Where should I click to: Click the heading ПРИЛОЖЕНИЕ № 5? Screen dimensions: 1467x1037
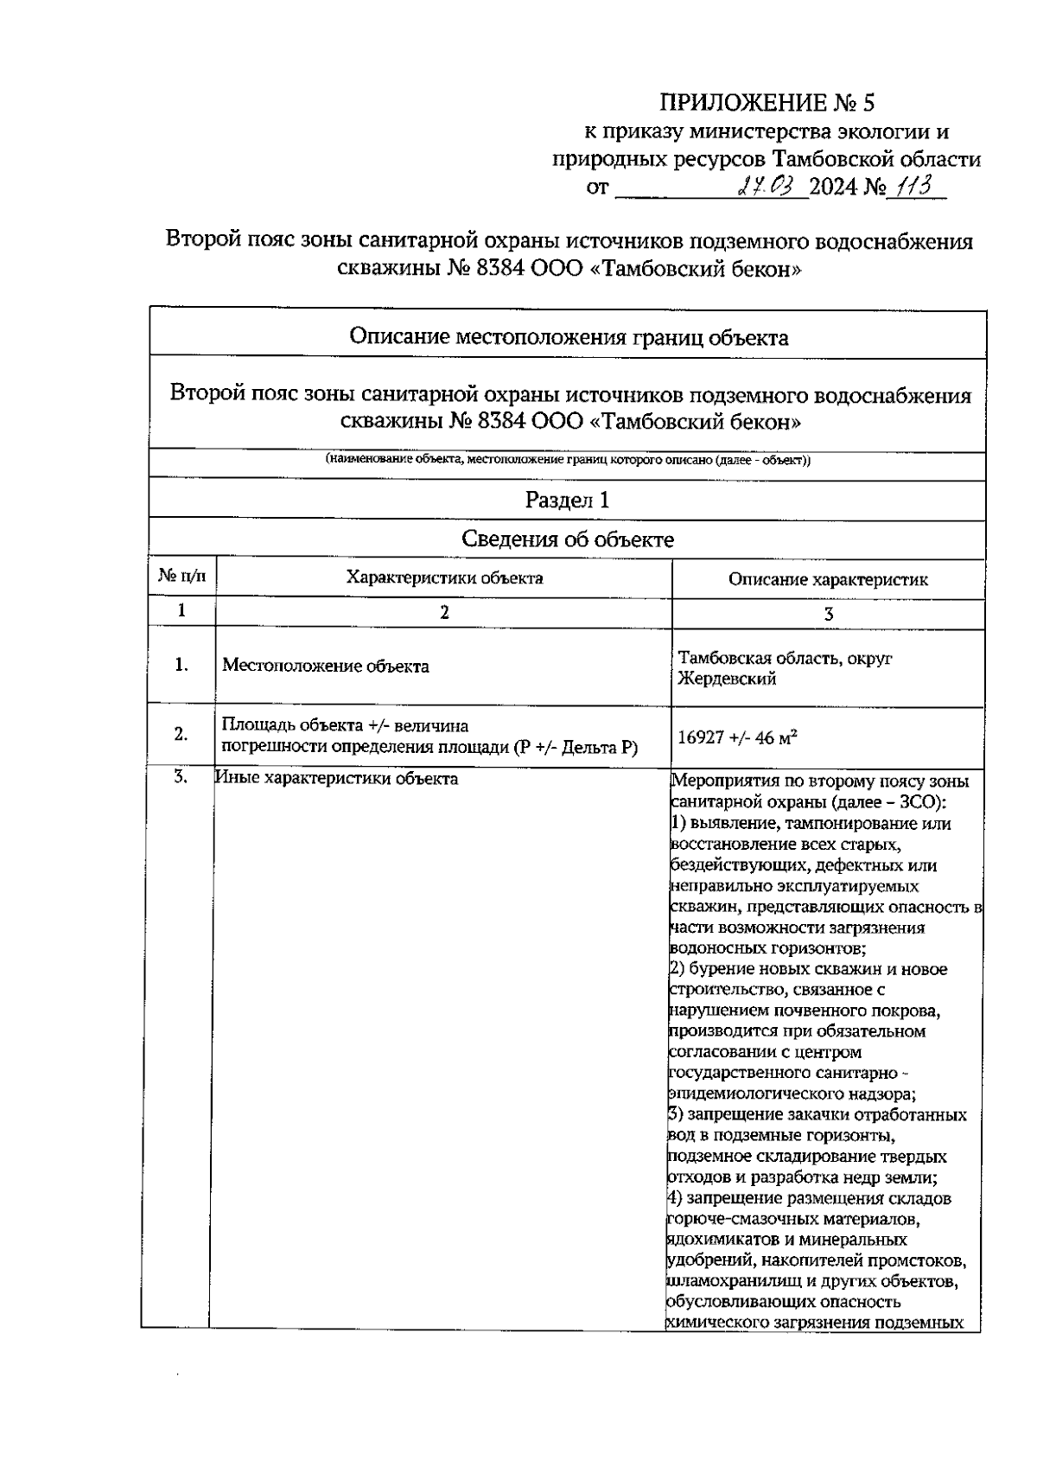pyautogui.click(x=767, y=103)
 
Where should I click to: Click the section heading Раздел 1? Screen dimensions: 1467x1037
pyautogui.click(x=567, y=500)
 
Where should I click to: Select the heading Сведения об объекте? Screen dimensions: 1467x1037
pyautogui.click(x=567, y=539)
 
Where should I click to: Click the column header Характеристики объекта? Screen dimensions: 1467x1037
pyautogui.click(x=444, y=577)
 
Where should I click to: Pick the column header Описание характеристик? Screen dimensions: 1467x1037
pyautogui.click(x=828, y=579)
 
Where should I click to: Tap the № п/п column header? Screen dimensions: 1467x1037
pyautogui.click(x=181, y=577)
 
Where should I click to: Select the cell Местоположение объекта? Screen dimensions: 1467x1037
pyautogui.click(x=326, y=666)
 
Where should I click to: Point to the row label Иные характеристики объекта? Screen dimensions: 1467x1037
pyautogui.click(x=337, y=778)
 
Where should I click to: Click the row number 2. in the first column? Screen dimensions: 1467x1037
pyautogui.click(x=181, y=734)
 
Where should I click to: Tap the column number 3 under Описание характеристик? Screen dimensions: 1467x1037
pyautogui.click(x=828, y=614)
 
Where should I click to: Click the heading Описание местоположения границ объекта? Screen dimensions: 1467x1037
pyautogui.click(x=567, y=336)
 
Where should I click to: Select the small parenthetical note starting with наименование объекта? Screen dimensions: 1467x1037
pyautogui.click(x=567, y=460)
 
